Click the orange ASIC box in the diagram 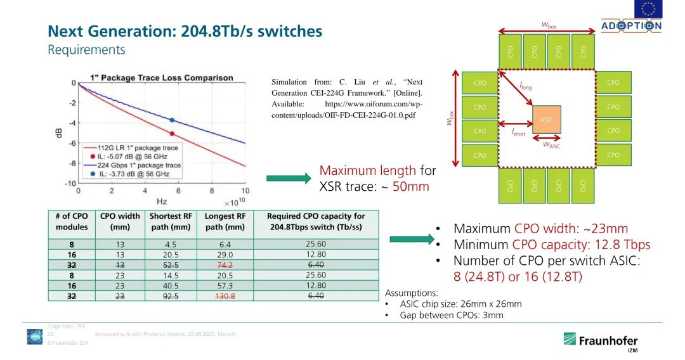point(547,119)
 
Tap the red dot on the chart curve point(172,133)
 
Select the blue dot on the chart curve point(172,120)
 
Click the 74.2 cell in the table point(225,266)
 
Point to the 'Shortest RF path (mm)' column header point(171,221)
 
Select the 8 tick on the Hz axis point(211,191)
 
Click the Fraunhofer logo point(599,341)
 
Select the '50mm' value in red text point(411,186)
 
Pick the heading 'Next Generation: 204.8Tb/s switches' point(185,31)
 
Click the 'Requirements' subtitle point(86,49)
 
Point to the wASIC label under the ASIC point(551,145)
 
